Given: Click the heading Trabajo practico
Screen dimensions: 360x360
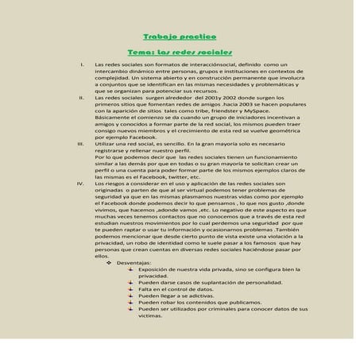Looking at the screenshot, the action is (x=179, y=37).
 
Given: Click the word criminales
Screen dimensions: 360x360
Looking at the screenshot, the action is (x=219, y=309).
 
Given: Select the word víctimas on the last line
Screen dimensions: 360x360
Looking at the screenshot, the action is (x=150, y=315).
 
